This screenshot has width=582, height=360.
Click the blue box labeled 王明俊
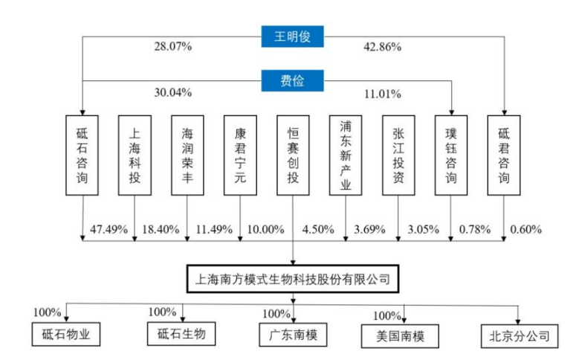pyautogui.click(x=292, y=36)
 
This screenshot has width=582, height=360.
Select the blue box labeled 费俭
pyautogui.click(x=292, y=80)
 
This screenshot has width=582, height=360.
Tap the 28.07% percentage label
pyautogui.click(x=173, y=47)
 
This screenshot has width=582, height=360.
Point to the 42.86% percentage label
pyautogui.click(x=382, y=47)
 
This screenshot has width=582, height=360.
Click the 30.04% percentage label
pyautogui.click(x=173, y=92)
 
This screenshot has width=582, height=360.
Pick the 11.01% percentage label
pyautogui.click(x=382, y=94)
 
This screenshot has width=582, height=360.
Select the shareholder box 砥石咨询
pyautogui.click(x=82, y=155)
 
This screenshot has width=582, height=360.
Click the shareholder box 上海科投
pyautogui.click(x=135, y=155)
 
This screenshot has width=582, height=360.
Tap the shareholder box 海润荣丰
pyautogui.click(x=187, y=155)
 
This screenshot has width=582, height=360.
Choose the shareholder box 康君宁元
pyautogui.click(x=240, y=155)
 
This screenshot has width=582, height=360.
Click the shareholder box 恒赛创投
pyautogui.click(x=293, y=155)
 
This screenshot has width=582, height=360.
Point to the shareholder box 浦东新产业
pyautogui.click(x=346, y=155)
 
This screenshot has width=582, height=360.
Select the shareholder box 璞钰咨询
pyautogui.click(x=451, y=155)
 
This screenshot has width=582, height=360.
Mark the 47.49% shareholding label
pyautogui.click(x=109, y=230)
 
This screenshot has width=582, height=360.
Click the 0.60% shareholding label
pyautogui.click(x=526, y=230)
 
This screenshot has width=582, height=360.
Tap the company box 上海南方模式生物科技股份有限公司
pyautogui.click(x=293, y=279)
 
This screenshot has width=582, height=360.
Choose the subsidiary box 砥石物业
pyautogui.click(x=66, y=334)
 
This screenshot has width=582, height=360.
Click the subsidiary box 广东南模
pyautogui.click(x=293, y=335)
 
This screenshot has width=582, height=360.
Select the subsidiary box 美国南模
pyautogui.click(x=400, y=336)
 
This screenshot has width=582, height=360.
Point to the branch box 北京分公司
pyautogui.click(x=520, y=336)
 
